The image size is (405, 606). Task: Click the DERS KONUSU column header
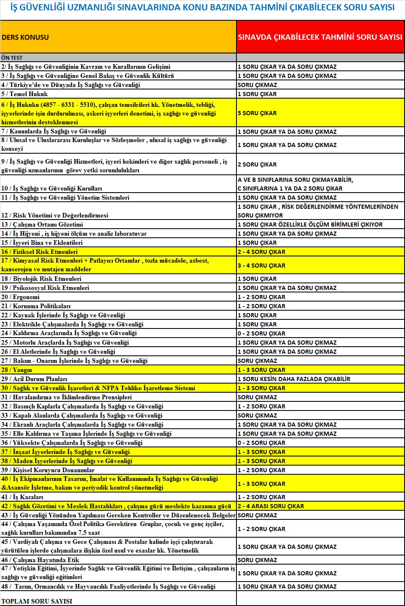point(25,37)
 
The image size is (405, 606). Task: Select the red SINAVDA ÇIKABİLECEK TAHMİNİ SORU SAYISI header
point(320,37)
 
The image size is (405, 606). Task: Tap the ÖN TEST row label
point(12,58)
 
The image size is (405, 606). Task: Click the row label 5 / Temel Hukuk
point(24,94)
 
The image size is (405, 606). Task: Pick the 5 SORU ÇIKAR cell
point(257,113)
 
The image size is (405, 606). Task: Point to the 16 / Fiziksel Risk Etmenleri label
point(39,252)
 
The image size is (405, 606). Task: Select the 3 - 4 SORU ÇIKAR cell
point(261,266)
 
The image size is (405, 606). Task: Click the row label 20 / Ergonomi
point(20,297)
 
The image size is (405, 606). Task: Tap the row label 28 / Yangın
point(17,370)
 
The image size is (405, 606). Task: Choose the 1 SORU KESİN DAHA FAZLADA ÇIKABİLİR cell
point(294,379)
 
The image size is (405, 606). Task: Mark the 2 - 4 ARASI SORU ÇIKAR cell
point(271,506)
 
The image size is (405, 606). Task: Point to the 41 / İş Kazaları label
point(22,497)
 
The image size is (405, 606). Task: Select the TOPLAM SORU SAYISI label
point(36,601)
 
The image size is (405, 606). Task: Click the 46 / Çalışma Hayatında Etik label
point(40,560)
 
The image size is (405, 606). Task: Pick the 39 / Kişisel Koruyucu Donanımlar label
point(48,470)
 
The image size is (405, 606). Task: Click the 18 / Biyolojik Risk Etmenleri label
point(41,279)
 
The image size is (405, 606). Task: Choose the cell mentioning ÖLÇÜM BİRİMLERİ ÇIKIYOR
point(310,225)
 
